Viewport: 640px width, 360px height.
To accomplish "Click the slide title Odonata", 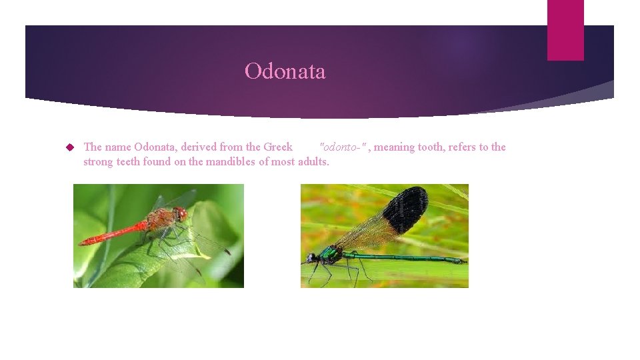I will tap(285, 71).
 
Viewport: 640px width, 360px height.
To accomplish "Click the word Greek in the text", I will tap(277, 147).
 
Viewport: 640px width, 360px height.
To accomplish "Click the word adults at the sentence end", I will tap(313, 162).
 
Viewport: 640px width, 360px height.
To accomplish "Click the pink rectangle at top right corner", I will tap(565, 30).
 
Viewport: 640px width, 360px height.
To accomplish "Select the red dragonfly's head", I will tap(181, 214).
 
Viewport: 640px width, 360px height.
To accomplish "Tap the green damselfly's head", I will tap(311, 257).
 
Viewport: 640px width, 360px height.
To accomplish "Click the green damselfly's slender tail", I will tap(413, 258).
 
